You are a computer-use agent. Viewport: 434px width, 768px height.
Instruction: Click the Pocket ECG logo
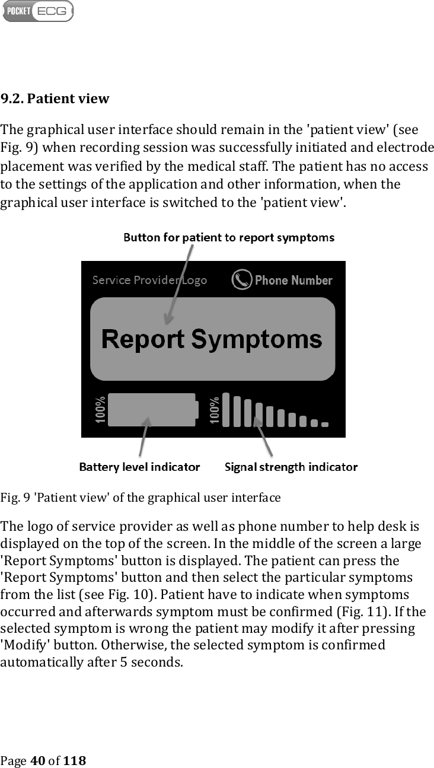point(38,11)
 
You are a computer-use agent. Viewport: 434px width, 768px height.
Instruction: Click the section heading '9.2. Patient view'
point(55,98)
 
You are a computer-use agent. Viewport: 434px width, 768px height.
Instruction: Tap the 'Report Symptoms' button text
point(212,339)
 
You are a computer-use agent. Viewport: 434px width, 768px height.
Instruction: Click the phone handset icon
point(241,280)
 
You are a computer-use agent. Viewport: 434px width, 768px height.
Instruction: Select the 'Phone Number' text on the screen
point(293,280)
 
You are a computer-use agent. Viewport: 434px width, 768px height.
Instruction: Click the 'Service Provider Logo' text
point(149,280)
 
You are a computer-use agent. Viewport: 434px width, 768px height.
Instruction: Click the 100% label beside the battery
point(100,410)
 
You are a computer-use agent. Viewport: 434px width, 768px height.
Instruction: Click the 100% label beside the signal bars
point(214,410)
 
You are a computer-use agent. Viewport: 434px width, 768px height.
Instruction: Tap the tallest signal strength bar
point(225,409)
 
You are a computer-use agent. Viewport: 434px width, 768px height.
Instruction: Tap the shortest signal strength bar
point(324,424)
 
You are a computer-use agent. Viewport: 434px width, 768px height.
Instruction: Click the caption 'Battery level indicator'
point(139,467)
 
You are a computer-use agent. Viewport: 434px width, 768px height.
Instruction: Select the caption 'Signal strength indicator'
point(291,467)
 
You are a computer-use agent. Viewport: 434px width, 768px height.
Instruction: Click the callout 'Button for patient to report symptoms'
point(228,238)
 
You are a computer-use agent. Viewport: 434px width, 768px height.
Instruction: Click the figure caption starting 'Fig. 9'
point(140,495)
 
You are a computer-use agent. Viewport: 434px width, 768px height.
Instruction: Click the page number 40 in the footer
point(37,760)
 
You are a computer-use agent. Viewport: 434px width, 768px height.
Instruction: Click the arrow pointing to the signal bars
point(263,435)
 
